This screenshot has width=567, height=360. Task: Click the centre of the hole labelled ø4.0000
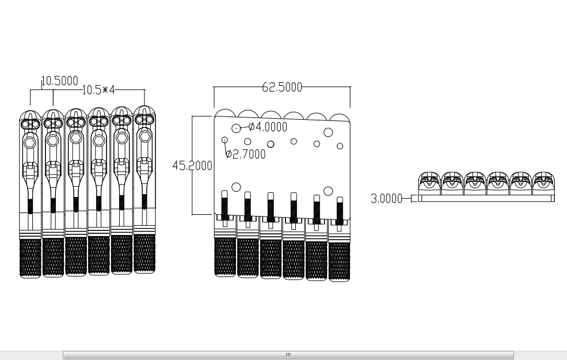point(236,128)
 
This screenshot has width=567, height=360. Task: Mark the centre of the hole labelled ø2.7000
point(224,139)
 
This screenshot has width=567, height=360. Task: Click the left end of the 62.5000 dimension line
point(214,87)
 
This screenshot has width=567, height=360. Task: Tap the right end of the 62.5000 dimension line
point(351,87)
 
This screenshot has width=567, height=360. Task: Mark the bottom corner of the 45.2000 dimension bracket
point(192,214)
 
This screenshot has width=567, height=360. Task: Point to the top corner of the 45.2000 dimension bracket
point(192,116)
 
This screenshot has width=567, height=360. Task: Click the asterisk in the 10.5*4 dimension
point(105,89)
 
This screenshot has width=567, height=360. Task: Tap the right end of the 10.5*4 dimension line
point(144,90)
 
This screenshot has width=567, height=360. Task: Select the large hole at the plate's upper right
point(328,132)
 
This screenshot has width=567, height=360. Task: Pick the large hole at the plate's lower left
point(236,187)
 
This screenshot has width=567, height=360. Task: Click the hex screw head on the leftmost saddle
point(31,142)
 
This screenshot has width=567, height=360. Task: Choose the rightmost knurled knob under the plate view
point(339,261)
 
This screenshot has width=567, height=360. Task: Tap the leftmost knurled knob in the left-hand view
point(30,257)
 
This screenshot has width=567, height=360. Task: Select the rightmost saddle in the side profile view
point(543,183)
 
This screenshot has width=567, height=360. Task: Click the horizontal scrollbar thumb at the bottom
point(288,355)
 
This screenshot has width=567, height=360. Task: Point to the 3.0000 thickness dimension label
point(387,199)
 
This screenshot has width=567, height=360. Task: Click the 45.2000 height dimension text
point(192,166)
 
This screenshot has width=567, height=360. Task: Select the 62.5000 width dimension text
point(282,87)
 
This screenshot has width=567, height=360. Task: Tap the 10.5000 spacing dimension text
point(60,81)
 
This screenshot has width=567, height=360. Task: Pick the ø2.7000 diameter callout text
point(246,154)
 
